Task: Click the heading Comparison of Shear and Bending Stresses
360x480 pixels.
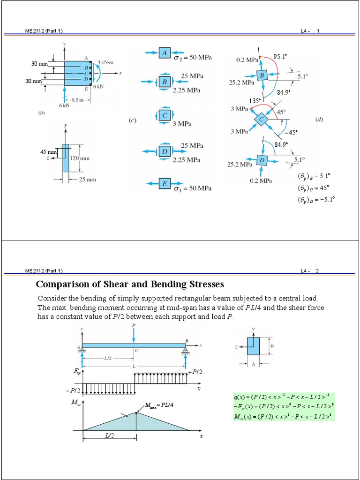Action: [x=130, y=284]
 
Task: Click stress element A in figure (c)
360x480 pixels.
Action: [x=165, y=53]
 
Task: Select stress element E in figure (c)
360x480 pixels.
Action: [x=165, y=184]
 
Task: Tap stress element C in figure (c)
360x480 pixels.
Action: [x=165, y=115]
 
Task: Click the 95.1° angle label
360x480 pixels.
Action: [x=280, y=57]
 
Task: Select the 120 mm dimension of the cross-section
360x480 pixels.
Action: [x=80, y=158]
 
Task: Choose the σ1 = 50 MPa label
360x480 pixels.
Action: [x=192, y=188]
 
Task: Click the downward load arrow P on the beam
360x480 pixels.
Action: [x=134, y=333]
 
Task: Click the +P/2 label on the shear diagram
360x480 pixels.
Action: [x=195, y=371]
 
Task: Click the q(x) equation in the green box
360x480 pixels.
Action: [x=283, y=397]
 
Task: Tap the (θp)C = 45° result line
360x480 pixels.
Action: [x=314, y=187]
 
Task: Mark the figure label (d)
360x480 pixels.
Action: [x=319, y=120]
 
